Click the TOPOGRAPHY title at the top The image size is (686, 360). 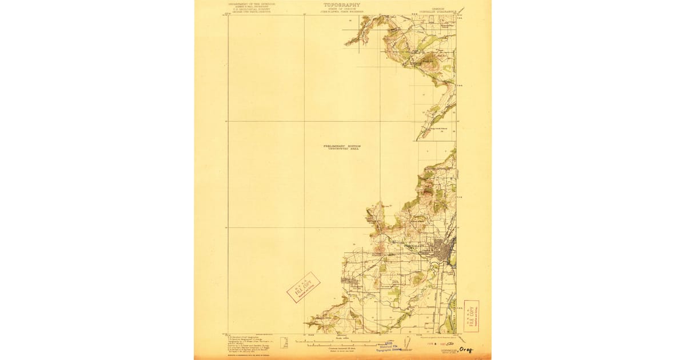(x=342, y=5)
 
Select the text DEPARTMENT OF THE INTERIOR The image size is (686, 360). (x=252, y=3)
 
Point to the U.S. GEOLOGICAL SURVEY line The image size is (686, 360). (x=252, y=9)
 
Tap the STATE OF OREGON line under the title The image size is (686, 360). (x=342, y=9)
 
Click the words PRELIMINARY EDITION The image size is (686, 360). (x=342, y=146)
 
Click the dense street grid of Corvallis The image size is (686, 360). (x=442, y=251)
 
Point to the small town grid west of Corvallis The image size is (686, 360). (x=349, y=281)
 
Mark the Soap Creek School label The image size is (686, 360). (x=440, y=129)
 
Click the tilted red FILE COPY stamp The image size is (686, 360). (x=303, y=287)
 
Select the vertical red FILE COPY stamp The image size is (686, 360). (x=472, y=316)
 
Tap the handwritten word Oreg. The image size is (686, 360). (x=467, y=349)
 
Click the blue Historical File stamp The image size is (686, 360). (x=390, y=346)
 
